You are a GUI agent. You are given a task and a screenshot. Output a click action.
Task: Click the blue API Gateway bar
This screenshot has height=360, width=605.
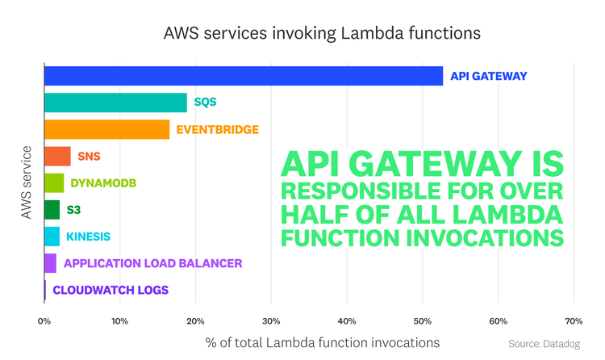click(243, 76)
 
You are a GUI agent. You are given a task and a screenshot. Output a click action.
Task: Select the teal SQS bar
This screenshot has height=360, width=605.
click(115, 103)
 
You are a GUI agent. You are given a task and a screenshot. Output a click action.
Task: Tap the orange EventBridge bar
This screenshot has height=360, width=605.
click(106, 129)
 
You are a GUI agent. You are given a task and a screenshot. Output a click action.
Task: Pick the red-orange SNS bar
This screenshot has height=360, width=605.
click(57, 156)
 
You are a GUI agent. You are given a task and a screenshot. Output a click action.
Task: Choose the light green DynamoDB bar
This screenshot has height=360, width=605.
click(54, 182)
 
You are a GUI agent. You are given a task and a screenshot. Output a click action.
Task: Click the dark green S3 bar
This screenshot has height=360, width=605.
click(52, 210)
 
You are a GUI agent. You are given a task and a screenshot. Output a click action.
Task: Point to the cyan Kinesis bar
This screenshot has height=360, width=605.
click(52, 237)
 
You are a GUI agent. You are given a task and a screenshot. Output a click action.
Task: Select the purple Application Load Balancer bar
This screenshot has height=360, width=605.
click(51, 263)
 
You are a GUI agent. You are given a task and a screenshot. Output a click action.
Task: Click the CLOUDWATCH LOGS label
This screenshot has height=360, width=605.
click(111, 290)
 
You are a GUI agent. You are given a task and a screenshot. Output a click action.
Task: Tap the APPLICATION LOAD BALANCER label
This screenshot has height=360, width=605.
click(152, 263)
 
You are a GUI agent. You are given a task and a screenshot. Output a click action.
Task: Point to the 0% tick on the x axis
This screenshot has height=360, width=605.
click(44, 320)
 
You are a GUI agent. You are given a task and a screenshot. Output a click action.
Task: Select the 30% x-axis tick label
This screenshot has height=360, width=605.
click(271, 320)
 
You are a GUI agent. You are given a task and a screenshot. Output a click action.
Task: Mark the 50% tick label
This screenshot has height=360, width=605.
click(422, 320)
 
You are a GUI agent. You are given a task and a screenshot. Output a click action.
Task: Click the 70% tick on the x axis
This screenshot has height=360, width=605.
click(573, 320)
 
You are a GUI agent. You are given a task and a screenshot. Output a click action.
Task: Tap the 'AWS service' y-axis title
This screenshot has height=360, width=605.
click(27, 182)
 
